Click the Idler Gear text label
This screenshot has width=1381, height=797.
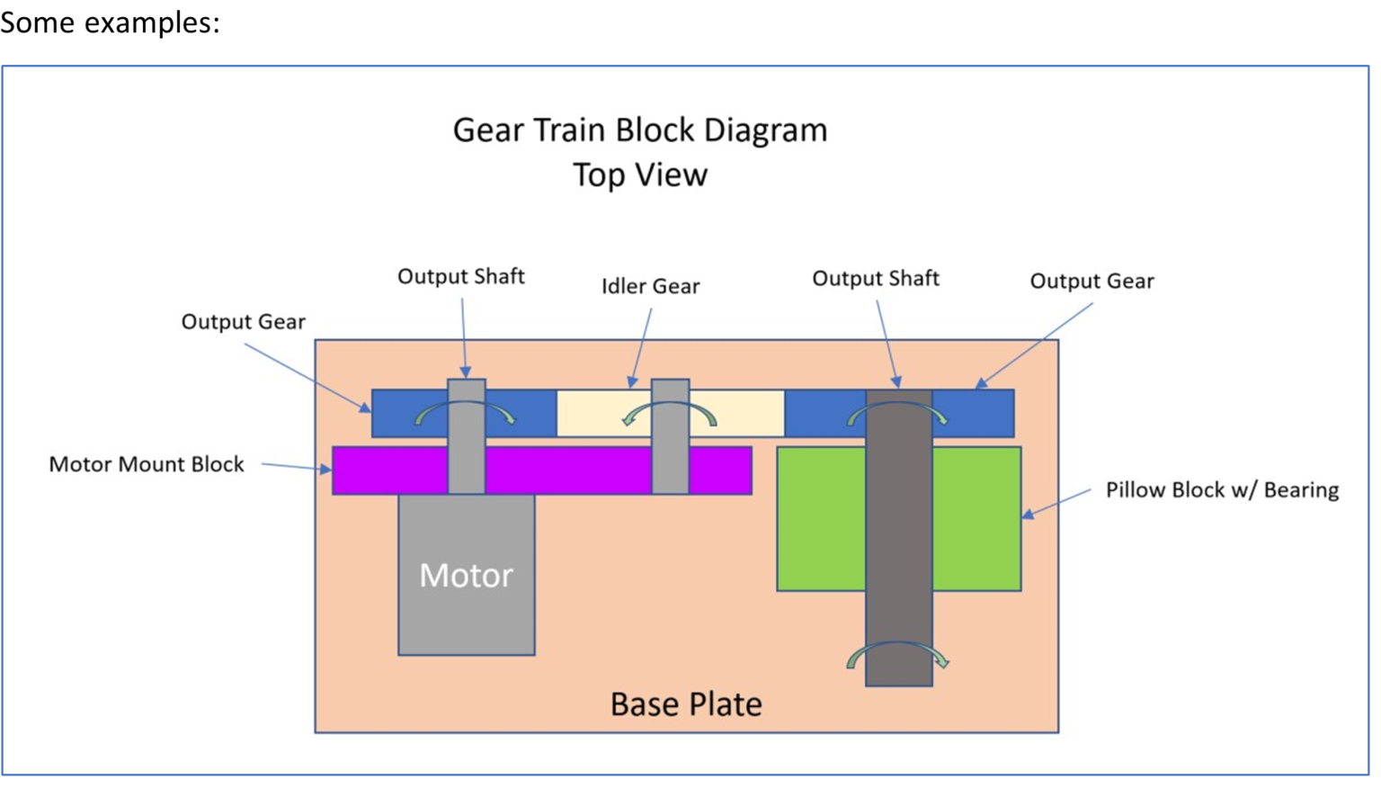coord(650,286)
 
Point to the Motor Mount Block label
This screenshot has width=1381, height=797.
coord(147,464)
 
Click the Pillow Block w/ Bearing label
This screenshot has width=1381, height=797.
coord(1222,490)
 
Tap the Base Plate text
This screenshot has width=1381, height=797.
coord(686,703)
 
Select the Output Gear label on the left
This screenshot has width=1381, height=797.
coord(243,322)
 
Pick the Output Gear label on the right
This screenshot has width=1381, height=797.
coord(1091,282)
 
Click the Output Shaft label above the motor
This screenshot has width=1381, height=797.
coord(461,277)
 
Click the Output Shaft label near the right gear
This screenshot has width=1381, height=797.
coord(876,279)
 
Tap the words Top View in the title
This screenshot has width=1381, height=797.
coord(640,175)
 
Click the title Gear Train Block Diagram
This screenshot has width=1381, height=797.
coord(640,130)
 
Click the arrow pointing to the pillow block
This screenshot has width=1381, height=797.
coord(1056,505)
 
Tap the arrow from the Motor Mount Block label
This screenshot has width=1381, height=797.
coord(297,467)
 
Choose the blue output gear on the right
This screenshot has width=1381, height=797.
coord(976,414)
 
